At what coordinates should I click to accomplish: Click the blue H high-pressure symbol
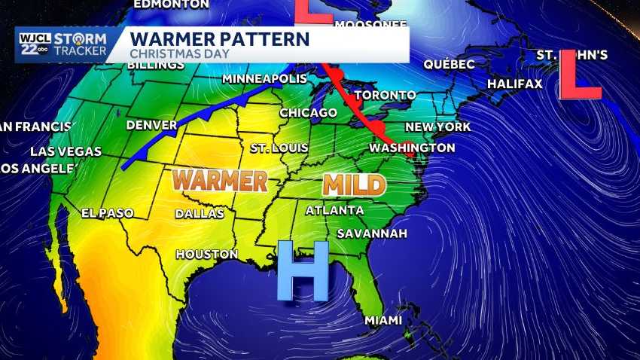[302, 270]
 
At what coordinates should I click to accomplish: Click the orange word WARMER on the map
[220, 180]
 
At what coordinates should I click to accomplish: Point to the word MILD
[354, 185]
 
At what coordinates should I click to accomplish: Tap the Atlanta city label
[334, 210]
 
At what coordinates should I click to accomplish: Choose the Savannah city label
[372, 233]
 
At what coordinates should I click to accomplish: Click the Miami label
[383, 321]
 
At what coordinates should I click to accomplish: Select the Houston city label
[206, 255]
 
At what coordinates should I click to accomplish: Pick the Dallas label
[200, 213]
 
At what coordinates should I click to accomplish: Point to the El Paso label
[107, 213]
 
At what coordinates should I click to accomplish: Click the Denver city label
[151, 124]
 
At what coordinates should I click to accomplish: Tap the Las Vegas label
[66, 151]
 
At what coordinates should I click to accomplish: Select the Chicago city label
[308, 113]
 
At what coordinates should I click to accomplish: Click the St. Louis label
[279, 148]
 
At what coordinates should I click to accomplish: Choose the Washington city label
[412, 148]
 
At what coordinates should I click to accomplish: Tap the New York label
[437, 127]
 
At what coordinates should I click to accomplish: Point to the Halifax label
[515, 84]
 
